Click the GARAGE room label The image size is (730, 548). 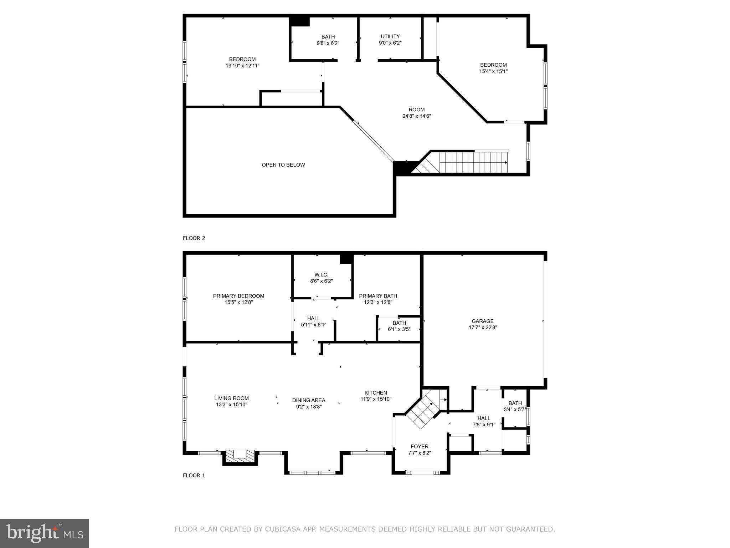pyautogui.click(x=483, y=321)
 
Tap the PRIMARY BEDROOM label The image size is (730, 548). pyautogui.click(x=238, y=296)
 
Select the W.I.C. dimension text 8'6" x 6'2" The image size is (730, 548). pyautogui.click(x=321, y=281)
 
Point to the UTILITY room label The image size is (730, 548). pyautogui.click(x=390, y=36)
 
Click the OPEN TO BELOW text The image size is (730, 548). pyautogui.click(x=283, y=165)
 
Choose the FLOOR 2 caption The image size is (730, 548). pyautogui.click(x=194, y=238)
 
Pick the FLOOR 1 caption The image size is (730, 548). pyautogui.click(x=194, y=476)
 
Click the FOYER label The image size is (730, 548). pyautogui.click(x=420, y=446)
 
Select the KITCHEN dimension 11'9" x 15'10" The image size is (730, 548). pyautogui.click(x=376, y=399)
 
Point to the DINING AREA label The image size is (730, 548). pyautogui.click(x=309, y=400)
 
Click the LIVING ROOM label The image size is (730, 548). pyautogui.click(x=231, y=398)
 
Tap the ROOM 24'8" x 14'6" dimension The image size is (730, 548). pyautogui.click(x=417, y=116)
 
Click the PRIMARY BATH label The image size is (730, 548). pyautogui.click(x=378, y=296)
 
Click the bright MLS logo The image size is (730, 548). pyautogui.click(x=45, y=533)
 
